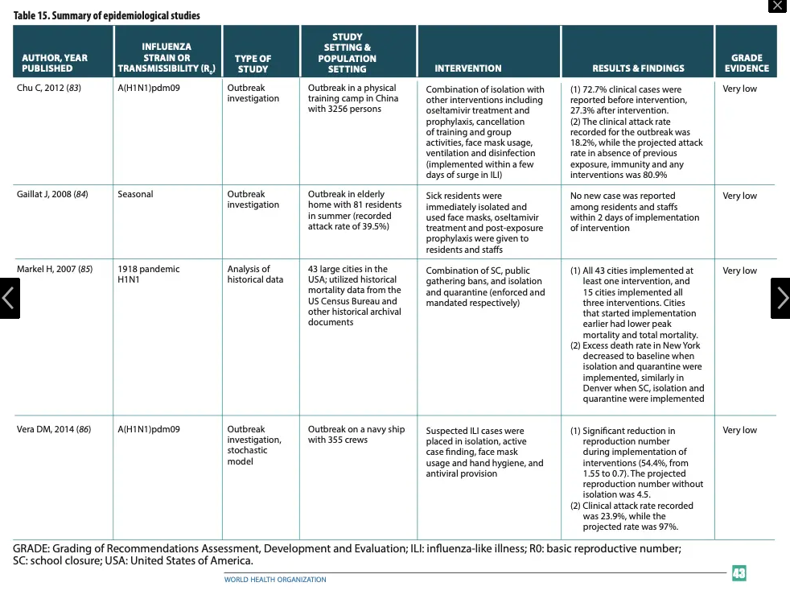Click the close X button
coord(776,6)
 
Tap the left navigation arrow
coord(9,298)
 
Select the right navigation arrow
coord(780,298)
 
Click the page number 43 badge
coord(739,573)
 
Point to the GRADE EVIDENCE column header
coord(746,63)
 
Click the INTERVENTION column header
coord(467,68)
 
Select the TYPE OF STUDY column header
coord(253,64)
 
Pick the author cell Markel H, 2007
coord(54,269)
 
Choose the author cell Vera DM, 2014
coord(54,429)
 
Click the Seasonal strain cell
coord(135,194)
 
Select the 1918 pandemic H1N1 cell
coord(149,274)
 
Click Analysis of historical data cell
coord(256,274)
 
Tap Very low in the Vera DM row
coord(739,430)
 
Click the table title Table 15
coord(107,15)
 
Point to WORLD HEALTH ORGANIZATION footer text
coord(275,579)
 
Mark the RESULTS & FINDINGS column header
coord(638,68)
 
